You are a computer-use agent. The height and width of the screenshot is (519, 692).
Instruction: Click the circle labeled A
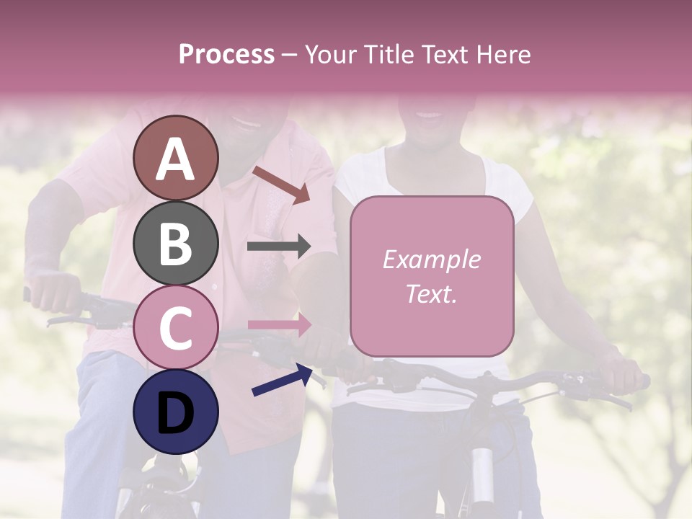(x=176, y=158)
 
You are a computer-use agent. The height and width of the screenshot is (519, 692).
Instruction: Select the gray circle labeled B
(x=176, y=243)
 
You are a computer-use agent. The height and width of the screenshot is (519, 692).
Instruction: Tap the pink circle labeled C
(x=176, y=328)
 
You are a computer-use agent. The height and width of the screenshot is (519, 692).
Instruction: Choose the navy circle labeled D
(x=176, y=412)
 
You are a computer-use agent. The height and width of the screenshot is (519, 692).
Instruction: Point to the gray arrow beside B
(x=278, y=247)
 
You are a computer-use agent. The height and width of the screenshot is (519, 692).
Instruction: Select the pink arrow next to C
(x=279, y=324)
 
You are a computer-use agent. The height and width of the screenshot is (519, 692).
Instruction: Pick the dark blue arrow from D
(x=282, y=380)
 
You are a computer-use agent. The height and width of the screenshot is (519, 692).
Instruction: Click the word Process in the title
(x=226, y=55)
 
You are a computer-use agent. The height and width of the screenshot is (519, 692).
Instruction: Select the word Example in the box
(x=431, y=259)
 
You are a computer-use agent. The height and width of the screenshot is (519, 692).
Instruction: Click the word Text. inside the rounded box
(x=431, y=294)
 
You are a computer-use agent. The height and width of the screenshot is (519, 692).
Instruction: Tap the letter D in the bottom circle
(x=176, y=413)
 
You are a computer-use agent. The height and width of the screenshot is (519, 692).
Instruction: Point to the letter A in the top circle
(x=176, y=159)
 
